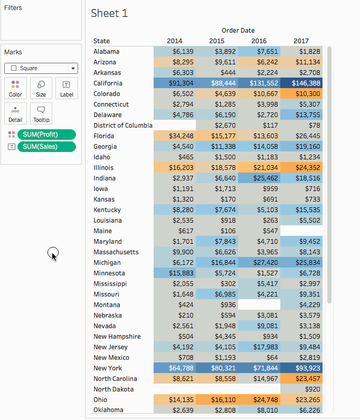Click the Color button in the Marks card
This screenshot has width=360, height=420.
tap(15, 88)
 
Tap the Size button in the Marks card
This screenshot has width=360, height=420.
tap(41, 88)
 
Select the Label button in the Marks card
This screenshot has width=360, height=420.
tap(67, 88)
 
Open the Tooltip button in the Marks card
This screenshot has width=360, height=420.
tap(41, 113)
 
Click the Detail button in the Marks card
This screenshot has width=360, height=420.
tap(15, 113)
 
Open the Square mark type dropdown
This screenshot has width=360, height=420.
tap(41, 68)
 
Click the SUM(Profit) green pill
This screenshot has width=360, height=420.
tap(46, 135)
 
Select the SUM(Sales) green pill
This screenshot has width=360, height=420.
tap(46, 147)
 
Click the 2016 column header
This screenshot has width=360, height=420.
tap(259, 41)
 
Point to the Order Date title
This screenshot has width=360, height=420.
tap(238, 31)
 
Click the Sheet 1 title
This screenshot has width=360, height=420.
tap(109, 13)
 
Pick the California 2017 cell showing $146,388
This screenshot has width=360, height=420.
tap(301, 83)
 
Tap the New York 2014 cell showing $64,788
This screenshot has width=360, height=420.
tap(175, 368)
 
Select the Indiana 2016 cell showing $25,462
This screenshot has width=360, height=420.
tap(259, 178)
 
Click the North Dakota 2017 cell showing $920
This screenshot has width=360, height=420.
tap(301, 389)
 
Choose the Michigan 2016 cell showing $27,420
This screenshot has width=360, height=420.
tap(259, 263)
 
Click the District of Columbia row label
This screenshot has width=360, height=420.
tap(122, 126)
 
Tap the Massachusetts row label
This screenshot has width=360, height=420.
tap(116, 252)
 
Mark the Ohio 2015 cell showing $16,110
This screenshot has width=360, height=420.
tap(217, 400)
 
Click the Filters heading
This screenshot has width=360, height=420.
tap(13, 8)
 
